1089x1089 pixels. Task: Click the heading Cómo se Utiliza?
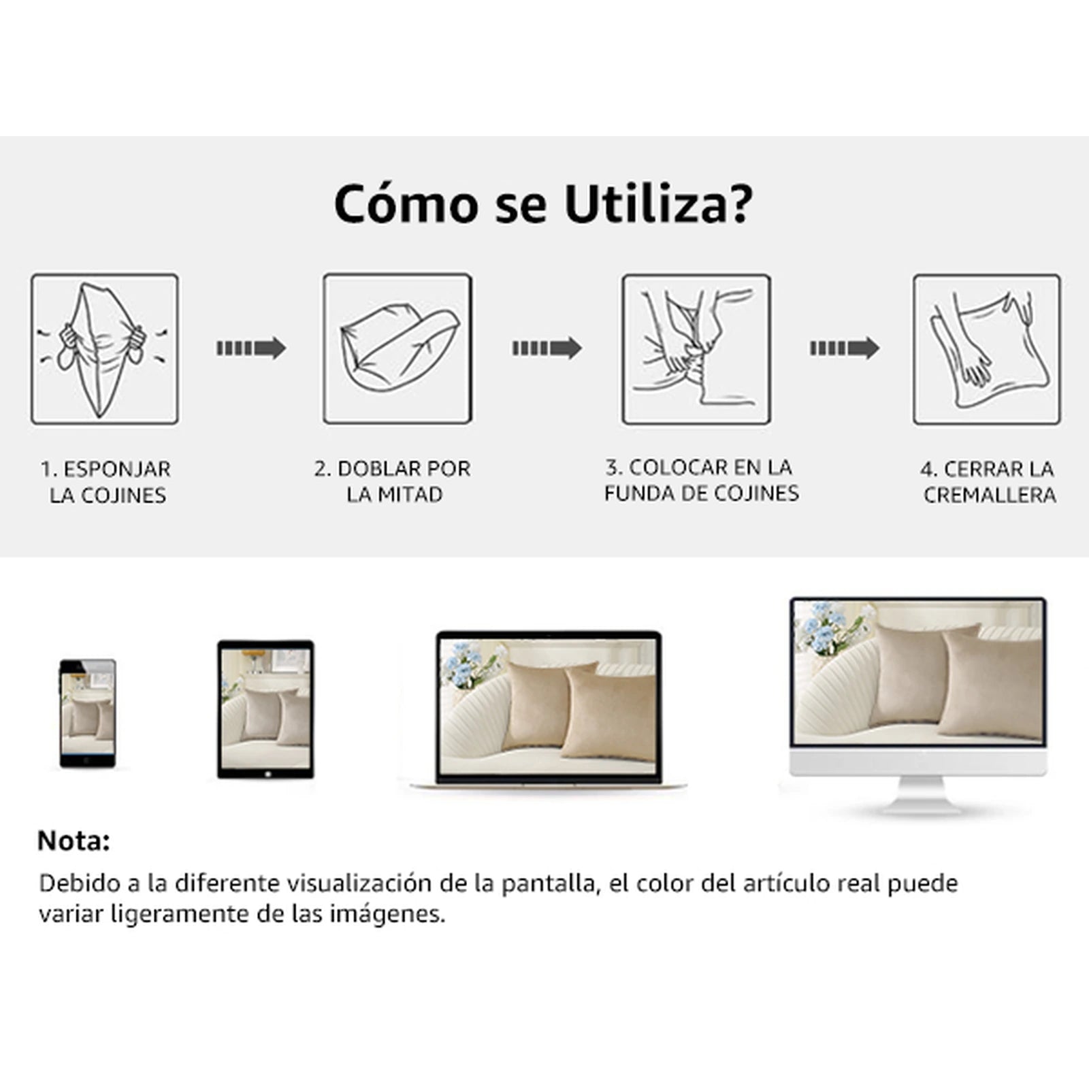pos(544,203)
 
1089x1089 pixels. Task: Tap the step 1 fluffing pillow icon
pos(105,349)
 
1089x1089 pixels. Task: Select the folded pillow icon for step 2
pos(397,349)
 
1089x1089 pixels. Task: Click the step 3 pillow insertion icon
pos(696,349)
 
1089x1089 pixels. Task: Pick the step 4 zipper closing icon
pos(987,349)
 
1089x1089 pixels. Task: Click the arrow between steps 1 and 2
pos(251,348)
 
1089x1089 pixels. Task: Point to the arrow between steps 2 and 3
pos(547,348)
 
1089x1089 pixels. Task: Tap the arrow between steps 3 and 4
pos(845,348)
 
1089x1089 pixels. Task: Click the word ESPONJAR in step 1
pos(117,469)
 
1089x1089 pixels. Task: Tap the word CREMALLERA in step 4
pos(990,495)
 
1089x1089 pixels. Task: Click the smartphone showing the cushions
pos(87,713)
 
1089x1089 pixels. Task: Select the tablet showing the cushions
pos(265,709)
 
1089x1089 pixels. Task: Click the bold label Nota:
pos(74,841)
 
